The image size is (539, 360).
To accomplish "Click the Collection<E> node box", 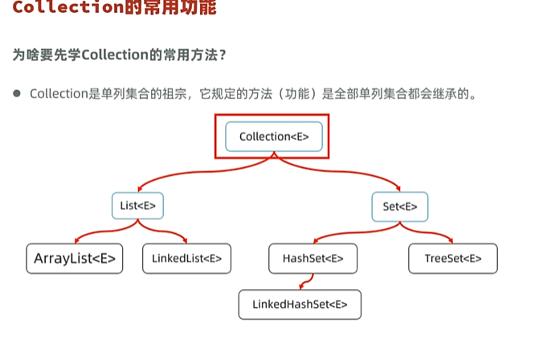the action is pyautogui.click(x=274, y=137).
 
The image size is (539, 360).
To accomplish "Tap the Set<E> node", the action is pyautogui.click(x=399, y=207).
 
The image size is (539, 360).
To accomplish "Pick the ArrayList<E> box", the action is pyautogui.click(x=75, y=259).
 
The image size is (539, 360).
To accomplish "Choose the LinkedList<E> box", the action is pyautogui.click(x=186, y=259).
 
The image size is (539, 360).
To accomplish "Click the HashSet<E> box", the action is pyautogui.click(x=312, y=259).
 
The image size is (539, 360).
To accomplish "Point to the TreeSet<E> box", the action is pyautogui.click(x=453, y=259).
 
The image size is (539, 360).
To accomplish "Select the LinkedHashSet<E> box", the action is pyautogui.click(x=300, y=305).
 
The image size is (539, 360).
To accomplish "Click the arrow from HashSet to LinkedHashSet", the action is pyautogui.click(x=304, y=281).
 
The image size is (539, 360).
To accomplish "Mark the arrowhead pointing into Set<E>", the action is pyautogui.click(x=398, y=190).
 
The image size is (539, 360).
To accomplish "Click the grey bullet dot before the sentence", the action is pyautogui.click(x=16, y=93).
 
